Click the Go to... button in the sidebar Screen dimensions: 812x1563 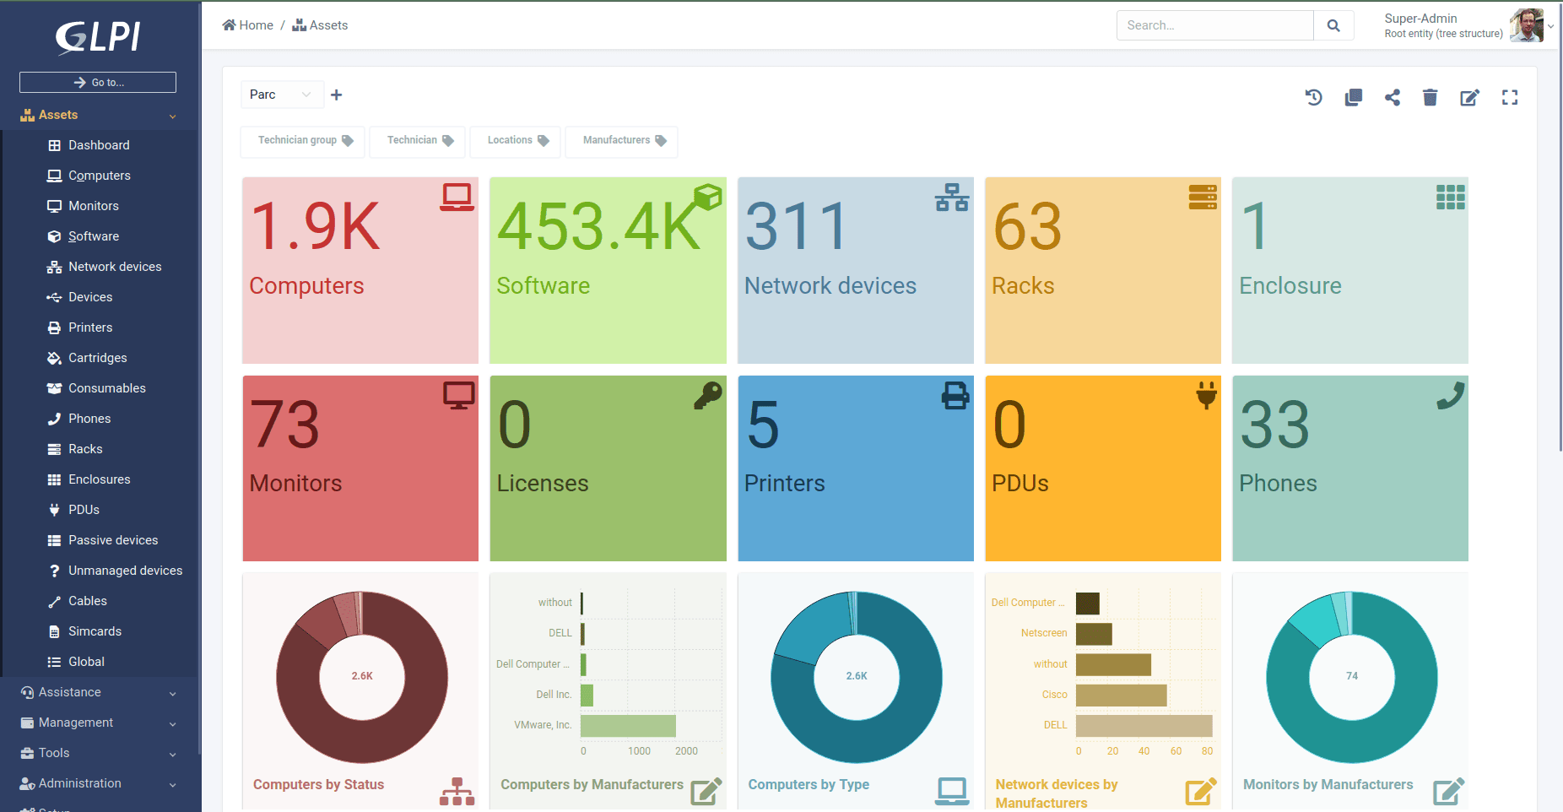[98, 82]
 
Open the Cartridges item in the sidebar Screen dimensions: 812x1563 [97, 358]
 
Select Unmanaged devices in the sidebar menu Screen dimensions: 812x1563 [125, 571]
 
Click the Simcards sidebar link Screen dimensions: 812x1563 [95, 631]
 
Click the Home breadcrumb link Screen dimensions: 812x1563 [248, 25]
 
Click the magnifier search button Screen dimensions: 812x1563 [1333, 25]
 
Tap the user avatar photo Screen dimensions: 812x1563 [1527, 25]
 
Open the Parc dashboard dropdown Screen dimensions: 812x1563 [281, 95]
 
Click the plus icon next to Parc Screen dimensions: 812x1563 [337, 95]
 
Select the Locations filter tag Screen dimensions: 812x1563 [516, 140]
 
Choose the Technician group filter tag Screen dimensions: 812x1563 [303, 140]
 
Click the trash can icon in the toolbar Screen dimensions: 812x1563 [1430, 98]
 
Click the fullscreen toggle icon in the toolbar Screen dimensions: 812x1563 [1510, 98]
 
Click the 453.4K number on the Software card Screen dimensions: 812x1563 [598, 226]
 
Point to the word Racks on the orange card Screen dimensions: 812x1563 [1023, 286]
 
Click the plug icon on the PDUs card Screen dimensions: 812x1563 [1206, 395]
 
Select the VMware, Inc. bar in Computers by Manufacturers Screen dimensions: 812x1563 [628, 726]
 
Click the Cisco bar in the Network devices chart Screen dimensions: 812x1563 [1121, 696]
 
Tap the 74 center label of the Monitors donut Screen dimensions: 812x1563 [1352, 676]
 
